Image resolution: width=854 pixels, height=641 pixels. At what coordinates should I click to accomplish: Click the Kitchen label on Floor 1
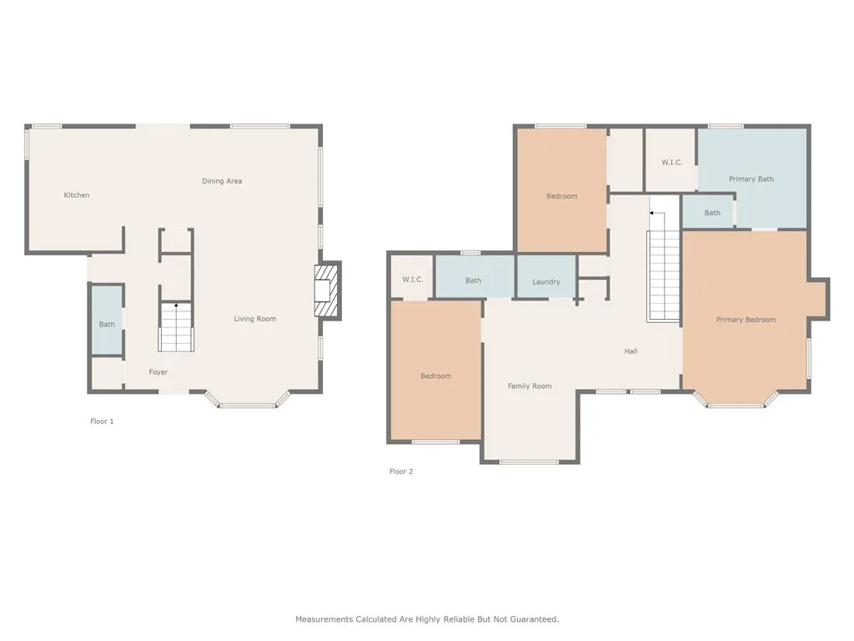[76, 194]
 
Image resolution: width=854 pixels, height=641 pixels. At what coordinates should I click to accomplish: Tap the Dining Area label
[222, 180]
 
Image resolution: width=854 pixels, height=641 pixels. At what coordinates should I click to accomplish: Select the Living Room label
[255, 318]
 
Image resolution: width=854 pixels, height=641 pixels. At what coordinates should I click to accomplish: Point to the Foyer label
[158, 371]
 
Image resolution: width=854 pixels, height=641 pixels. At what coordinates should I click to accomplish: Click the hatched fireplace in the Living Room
[326, 290]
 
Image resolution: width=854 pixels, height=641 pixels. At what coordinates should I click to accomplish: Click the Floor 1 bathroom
[107, 320]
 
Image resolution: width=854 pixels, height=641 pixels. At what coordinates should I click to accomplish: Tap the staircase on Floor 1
[176, 326]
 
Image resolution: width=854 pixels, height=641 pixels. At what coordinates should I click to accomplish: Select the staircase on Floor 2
[663, 267]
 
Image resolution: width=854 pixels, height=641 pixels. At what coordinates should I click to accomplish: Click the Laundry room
[545, 277]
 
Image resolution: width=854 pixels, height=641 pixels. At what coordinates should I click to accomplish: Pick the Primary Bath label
[751, 179]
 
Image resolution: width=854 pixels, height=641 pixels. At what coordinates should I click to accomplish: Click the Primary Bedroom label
[746, 320]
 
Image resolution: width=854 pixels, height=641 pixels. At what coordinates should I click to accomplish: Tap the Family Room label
[530, 386]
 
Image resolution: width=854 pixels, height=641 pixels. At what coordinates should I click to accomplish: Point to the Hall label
[630, 351]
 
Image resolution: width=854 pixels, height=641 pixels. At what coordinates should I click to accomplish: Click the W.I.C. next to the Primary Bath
[671, 162]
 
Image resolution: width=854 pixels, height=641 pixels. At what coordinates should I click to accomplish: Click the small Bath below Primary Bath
[708, 211]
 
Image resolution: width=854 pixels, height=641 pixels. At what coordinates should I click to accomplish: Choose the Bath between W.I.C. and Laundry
[475, 276]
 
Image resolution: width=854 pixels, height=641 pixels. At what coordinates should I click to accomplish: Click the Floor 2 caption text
[401, 472]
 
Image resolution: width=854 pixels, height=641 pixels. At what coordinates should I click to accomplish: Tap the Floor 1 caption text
[102, 421]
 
